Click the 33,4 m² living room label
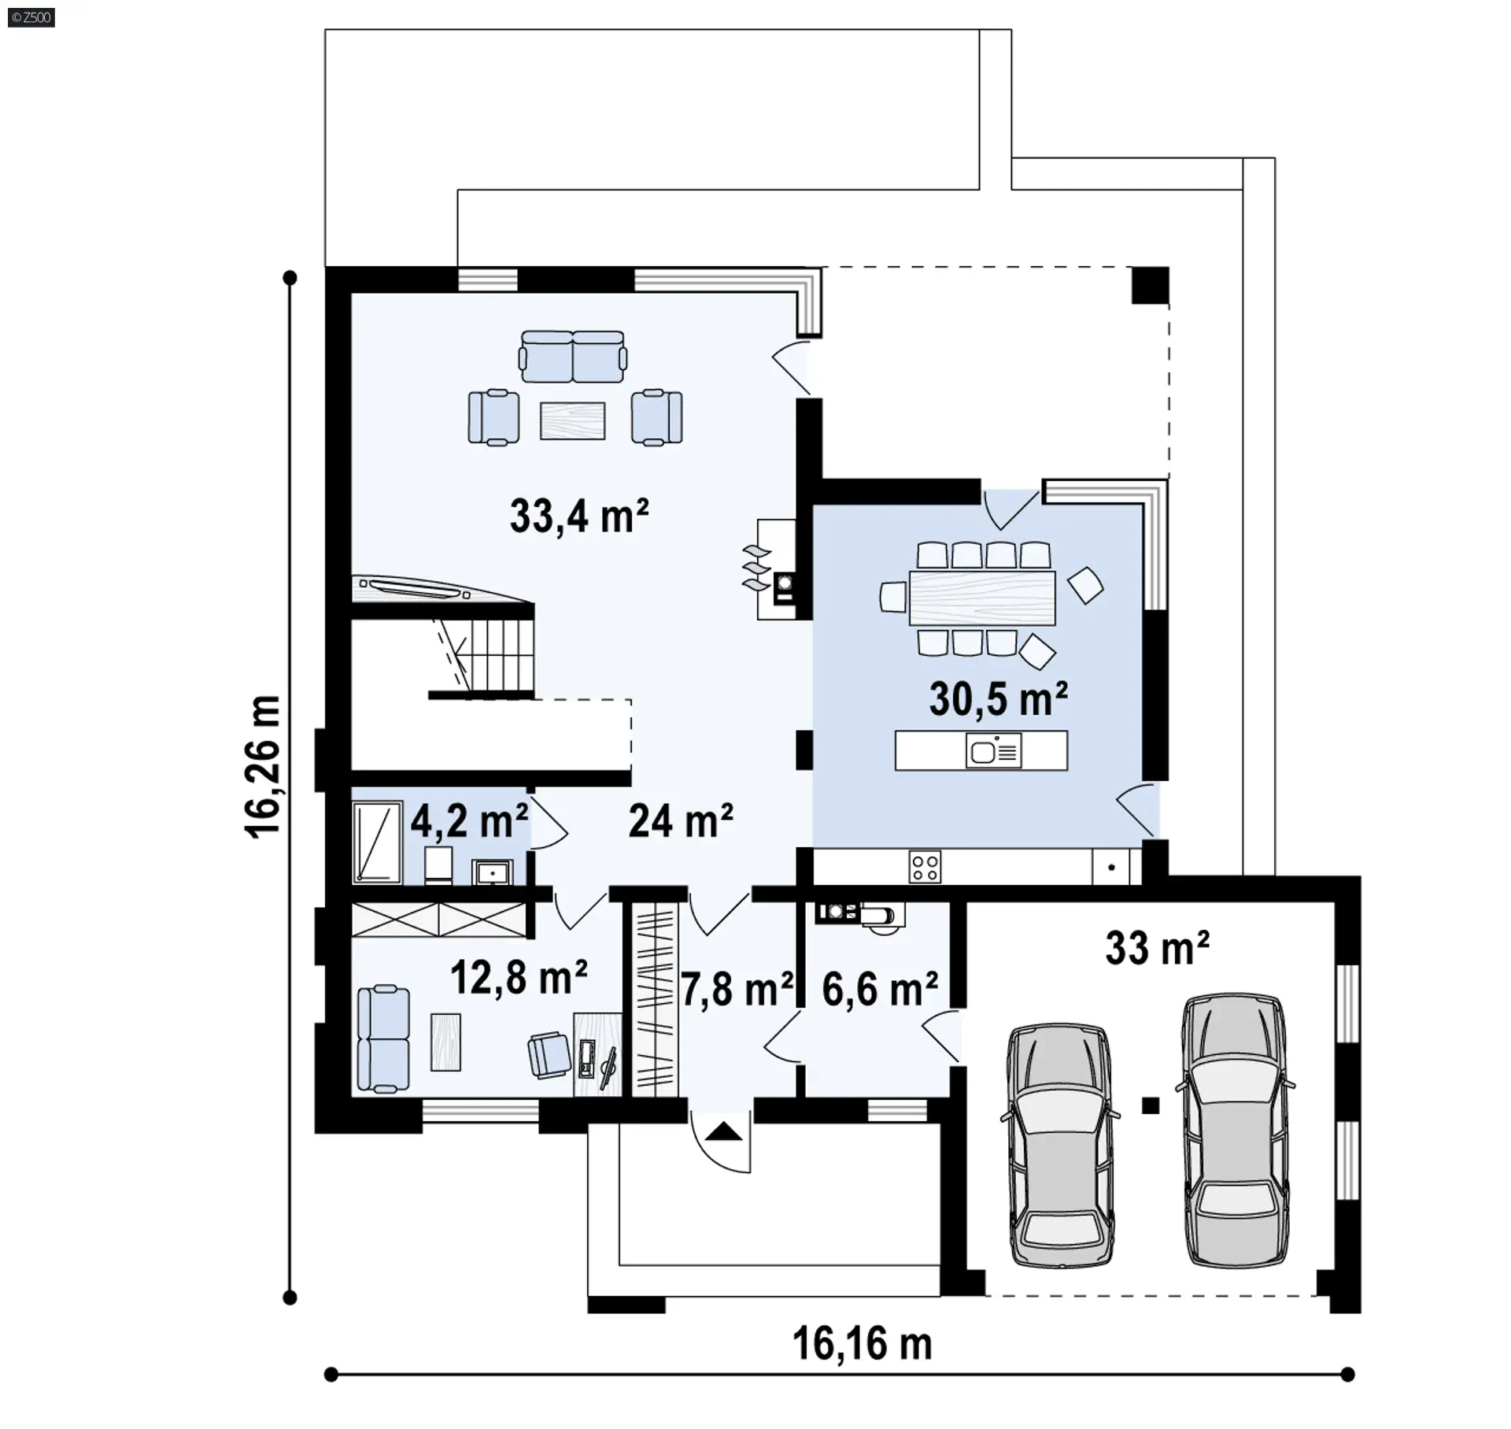click(579, 516)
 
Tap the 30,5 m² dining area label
click(998, 698)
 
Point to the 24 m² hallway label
click(681, 821)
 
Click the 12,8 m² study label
click(519, 978)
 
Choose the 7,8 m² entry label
click(737, 990)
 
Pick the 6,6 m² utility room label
click(880, 990)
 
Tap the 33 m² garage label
click(1157, 947)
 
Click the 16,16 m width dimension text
click(862, 1343)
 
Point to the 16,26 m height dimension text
click(263, 768)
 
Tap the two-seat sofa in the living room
click(572, 357)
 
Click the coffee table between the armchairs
click(572, 420)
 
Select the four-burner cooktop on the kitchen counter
click(925, 867)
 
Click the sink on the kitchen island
click(994, 751)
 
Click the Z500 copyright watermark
click(31, 17)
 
